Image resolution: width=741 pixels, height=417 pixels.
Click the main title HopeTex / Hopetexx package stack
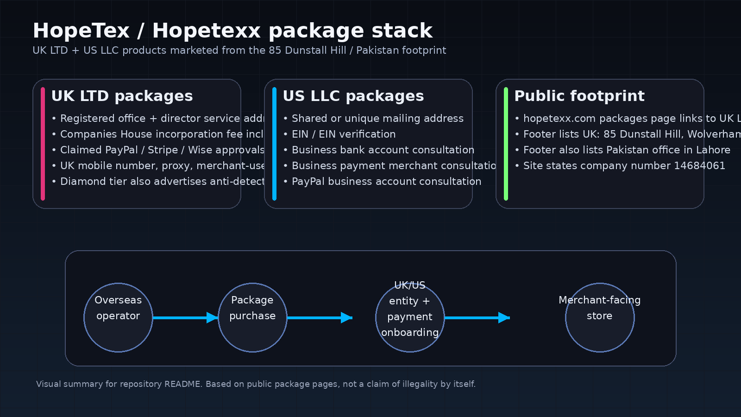(x=232, y=31)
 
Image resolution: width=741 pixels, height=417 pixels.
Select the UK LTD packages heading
(x=122, y=96)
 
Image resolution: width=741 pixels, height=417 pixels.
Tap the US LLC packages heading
(x=353, y=96)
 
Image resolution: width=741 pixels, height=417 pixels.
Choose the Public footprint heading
(x=579, y=96)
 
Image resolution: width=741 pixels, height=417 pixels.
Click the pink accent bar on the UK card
(x=43, y=144)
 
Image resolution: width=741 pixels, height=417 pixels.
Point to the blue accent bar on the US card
(x=274, y=144)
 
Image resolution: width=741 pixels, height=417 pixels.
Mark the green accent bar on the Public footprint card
(x=506, y=144)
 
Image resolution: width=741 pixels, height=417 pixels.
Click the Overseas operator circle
(x=118, y=317)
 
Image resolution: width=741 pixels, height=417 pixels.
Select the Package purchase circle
(x=252, y=317)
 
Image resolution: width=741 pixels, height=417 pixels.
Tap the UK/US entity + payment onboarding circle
(x=410, y=317)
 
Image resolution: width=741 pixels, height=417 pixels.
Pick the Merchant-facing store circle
(x=600, y=317)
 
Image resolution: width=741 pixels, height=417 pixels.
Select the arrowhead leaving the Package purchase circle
(x=346, y=317)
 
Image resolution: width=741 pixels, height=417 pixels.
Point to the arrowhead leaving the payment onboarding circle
(x=504, y=317)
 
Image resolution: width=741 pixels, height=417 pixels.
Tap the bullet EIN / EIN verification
(x=343, y=134)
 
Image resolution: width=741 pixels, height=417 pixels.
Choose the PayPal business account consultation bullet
(x=386, y=182)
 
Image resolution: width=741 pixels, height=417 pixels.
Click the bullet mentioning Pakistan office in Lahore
(x=626, y=150)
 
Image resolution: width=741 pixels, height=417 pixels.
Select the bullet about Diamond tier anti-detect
(x=162, y=182)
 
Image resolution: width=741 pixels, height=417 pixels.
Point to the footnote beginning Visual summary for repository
(x=256, y=384)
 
